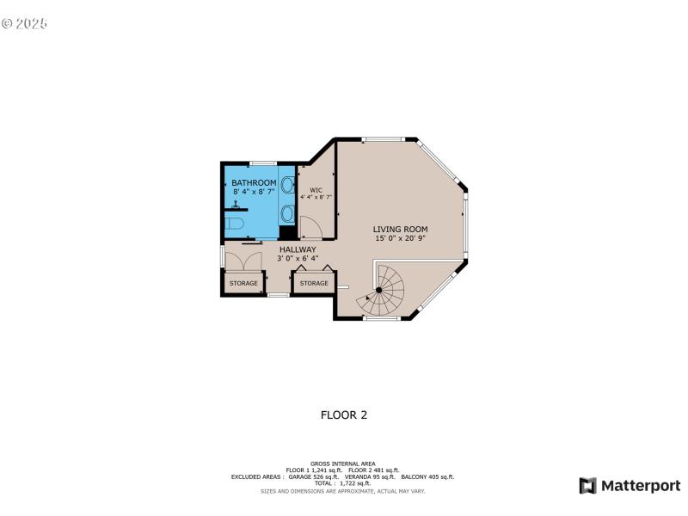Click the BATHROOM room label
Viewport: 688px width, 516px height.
click(254, 183)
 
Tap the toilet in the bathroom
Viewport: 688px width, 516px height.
click(235, 224)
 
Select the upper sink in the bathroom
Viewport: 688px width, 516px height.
click(287, 183)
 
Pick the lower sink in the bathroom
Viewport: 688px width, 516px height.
click(287, 212)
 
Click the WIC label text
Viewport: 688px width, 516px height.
click(316, 189)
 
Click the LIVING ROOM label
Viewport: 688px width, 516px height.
click(400, 230)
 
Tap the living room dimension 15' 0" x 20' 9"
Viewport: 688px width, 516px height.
click(400, 239)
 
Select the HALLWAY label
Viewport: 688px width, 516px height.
click(297, 249)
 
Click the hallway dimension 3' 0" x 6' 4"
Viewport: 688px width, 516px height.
click(297, 258)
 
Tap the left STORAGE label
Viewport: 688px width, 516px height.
click(243, 283)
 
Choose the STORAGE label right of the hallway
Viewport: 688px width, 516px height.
click(314, 283)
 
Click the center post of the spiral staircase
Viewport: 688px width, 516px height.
click(379, 291)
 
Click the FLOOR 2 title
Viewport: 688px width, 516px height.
click(344, 415)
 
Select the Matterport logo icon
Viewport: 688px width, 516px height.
click(588, 486)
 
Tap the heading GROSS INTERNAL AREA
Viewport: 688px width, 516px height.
click(343, 463)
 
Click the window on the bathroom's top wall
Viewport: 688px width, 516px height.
click(262, 163)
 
